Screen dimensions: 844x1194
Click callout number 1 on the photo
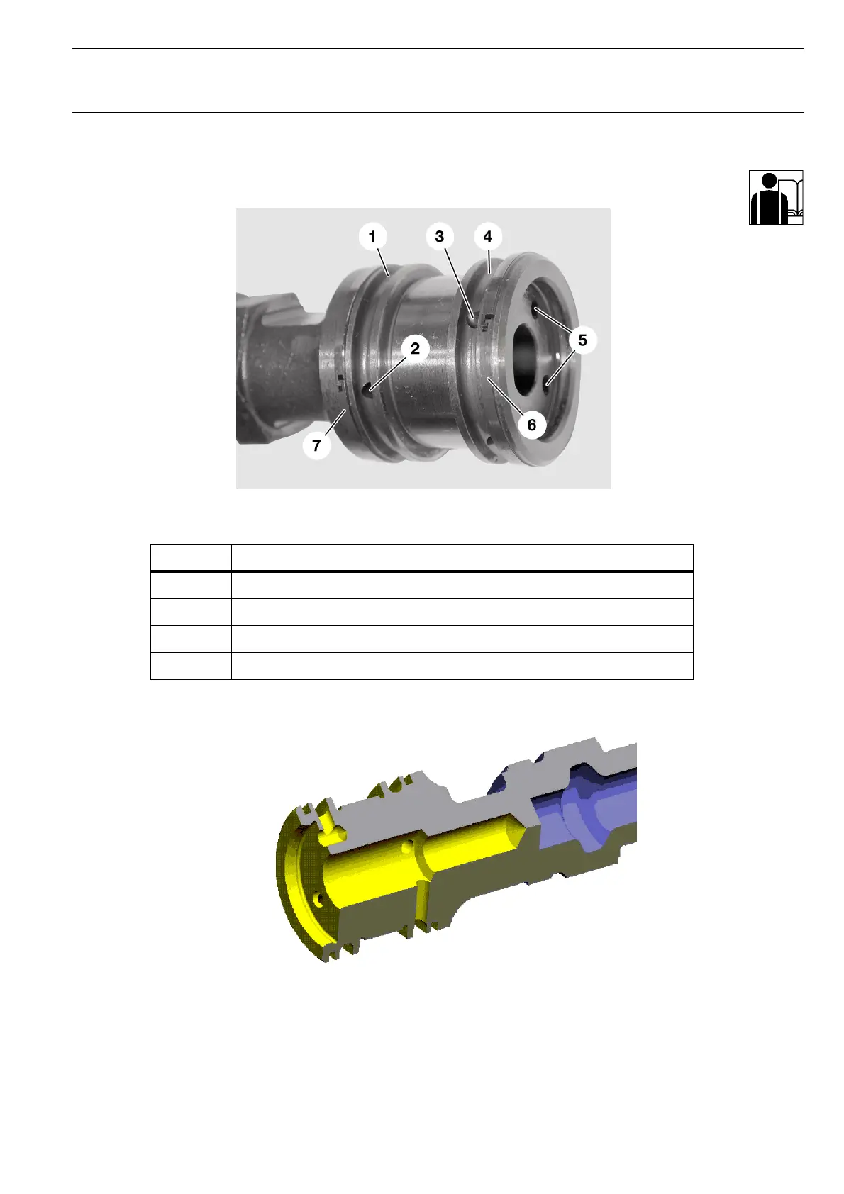click(x=372, y=236)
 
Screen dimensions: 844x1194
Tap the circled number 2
click(x=415, y=348)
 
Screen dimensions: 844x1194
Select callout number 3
click(x=439, y=236)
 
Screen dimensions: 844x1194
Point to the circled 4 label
click(x=488, y=236)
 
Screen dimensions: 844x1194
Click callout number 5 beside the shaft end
click(x=582, y=340)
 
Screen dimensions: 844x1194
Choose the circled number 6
click(x=531, y=424)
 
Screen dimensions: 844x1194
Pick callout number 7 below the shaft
click(x=317, y=445)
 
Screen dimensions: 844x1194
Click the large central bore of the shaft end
click(x=528, y=360)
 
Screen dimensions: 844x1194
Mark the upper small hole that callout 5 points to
click(x=535, y=308)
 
